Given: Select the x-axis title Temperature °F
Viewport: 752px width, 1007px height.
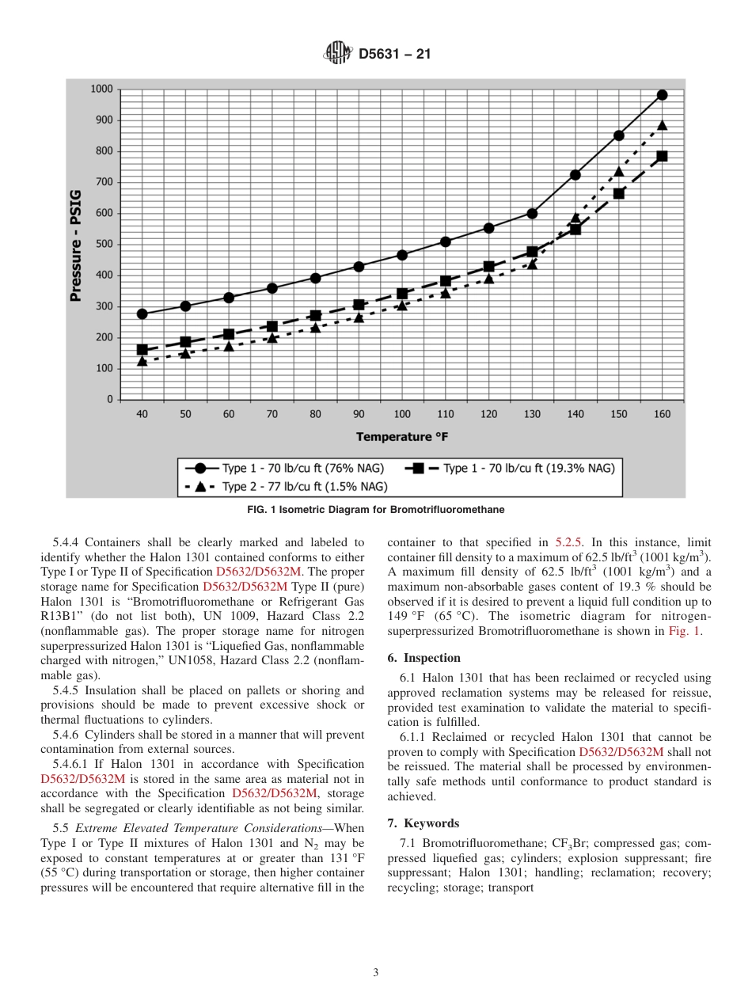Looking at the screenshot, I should (401, 436).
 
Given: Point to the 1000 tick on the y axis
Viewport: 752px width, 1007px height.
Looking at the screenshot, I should (101, 89).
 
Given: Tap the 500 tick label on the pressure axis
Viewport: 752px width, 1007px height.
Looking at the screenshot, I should (103, 244).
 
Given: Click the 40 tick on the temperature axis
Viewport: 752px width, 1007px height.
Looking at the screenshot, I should (142, 414).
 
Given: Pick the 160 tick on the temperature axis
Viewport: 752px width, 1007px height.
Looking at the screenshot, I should (662, 414).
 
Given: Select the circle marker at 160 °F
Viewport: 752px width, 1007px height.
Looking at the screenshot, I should (662, 95).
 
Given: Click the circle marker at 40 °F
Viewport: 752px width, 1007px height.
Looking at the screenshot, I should (142, 313).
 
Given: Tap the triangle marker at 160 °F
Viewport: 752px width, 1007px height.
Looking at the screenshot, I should (662, 125).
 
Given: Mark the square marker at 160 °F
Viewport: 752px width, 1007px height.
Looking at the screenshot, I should (662, 156).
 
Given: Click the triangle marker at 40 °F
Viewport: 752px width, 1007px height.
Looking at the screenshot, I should (142, 361).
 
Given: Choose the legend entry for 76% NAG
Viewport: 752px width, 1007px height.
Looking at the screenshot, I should (285, 468).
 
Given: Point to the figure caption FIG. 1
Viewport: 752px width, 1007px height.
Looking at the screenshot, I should (376, 510).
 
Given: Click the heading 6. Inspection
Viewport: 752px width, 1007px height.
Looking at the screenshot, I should (423, 658).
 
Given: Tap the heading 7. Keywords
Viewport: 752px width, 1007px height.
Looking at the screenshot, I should (423, 823).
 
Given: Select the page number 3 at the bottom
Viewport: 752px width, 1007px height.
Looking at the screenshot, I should (376, 973).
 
